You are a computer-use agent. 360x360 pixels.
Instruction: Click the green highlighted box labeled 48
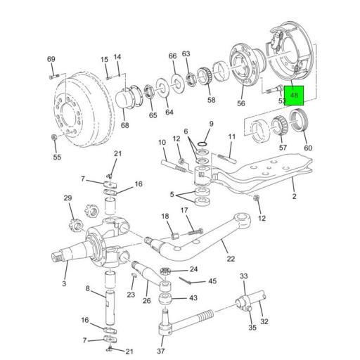click(x=294, y=95)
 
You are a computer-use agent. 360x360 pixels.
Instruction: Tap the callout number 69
click(x=51, y=59)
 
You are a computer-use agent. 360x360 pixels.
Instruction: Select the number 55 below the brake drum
click(x=57, y=157)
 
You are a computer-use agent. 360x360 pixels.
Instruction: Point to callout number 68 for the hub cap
click(x=124, y=126)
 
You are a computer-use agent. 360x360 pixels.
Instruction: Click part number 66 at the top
click(x=172, y=56)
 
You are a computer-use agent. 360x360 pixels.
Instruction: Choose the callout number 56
click(x=241, y=103)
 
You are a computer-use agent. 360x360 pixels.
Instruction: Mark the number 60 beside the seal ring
click(x=307, y=148)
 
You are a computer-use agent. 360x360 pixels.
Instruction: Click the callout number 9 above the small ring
click(x=210, y=124)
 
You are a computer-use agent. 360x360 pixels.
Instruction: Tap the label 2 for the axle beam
click(x=294, y=197)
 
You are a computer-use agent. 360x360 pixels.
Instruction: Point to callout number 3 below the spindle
click(x=64, y=283)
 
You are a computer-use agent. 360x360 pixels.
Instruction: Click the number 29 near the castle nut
click(x=68, y=199)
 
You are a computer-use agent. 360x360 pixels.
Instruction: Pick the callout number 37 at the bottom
click(x=160, y=351)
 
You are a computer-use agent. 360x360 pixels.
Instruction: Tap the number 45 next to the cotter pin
click(x=212, y=281)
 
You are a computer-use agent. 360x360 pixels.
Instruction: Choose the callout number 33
click(x=244, y=276)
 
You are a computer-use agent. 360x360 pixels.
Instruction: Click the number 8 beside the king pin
click(x=87, y=289)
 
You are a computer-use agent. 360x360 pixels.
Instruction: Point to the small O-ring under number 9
click(x=202, y=146)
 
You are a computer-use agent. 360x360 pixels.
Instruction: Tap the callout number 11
click(x=231, y=136)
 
